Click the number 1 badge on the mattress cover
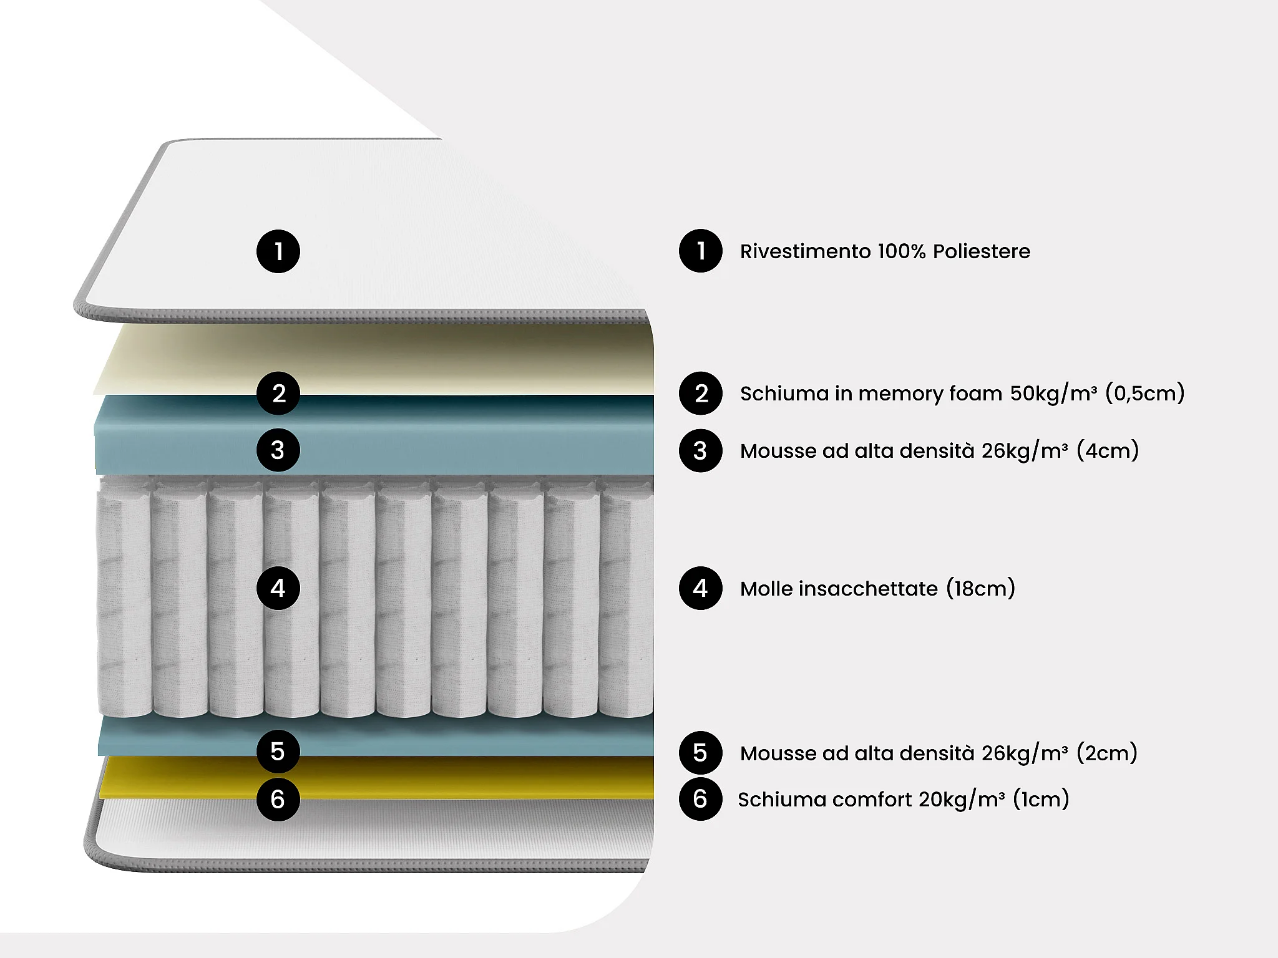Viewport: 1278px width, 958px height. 278,251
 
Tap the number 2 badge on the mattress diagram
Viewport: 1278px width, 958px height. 278,393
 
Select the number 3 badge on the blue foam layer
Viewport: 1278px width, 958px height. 278,450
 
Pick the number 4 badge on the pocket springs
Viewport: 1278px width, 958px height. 278,588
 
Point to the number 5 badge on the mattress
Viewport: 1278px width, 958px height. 278,752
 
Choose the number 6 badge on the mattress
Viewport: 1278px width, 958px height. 278,799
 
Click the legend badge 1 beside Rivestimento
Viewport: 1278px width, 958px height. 700,251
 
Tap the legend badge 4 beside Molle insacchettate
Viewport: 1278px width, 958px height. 700,588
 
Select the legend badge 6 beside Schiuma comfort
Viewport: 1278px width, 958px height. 700,799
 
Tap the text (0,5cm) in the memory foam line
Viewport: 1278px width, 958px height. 1144,393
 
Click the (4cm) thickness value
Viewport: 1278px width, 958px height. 1108,450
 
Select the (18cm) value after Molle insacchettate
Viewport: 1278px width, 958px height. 980,588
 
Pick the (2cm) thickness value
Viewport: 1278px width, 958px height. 1107,753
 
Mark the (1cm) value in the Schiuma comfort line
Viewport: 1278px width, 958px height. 1041,799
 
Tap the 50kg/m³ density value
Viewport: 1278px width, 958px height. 1053,393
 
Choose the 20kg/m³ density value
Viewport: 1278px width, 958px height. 962,799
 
